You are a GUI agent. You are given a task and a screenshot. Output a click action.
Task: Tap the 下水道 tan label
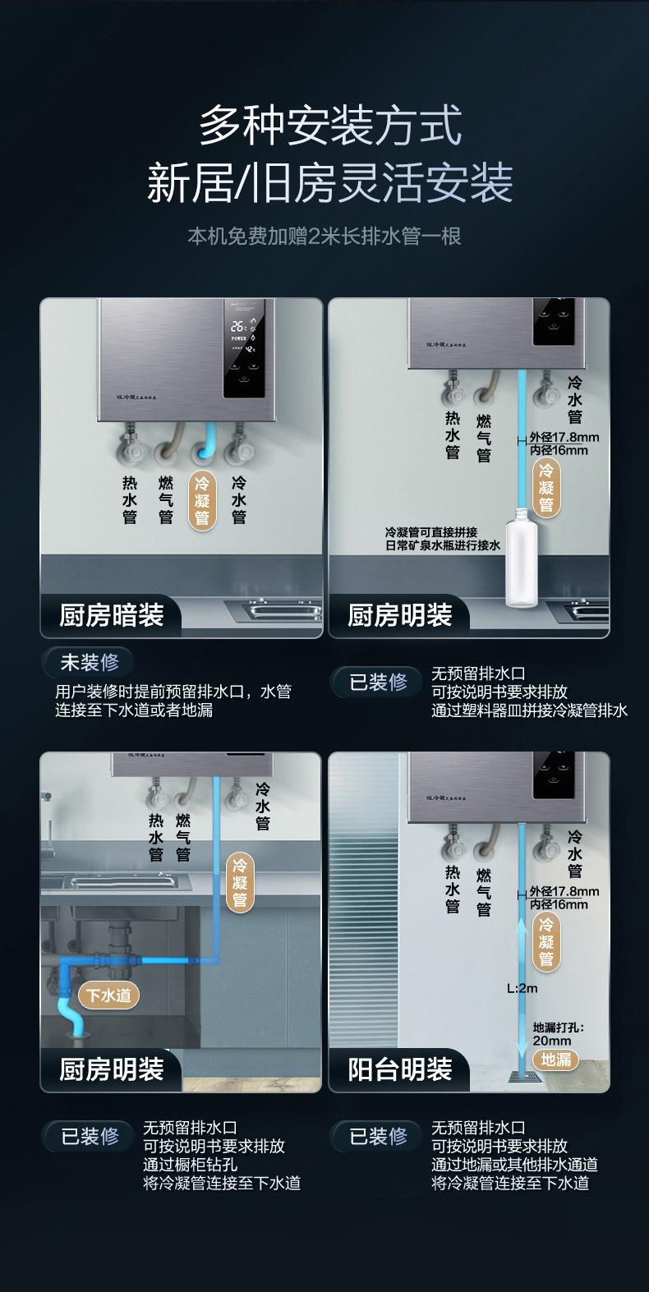click(x=109, y=995)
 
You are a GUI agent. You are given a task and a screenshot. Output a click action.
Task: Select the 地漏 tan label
click(x=556, y=1060)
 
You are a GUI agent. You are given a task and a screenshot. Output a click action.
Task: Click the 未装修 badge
click(x=89, y=662)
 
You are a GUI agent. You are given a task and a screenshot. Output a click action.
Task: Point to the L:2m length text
click(x=522, y=988)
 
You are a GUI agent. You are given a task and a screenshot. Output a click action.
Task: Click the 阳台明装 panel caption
click(x=400, y=1069)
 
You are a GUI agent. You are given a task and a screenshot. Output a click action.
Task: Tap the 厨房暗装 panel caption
click(x=112, y=615)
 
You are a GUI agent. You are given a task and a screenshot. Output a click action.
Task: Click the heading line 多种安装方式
click(x=330, y=126)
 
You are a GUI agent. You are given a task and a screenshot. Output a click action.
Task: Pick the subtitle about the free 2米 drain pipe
click(x=324, y=237)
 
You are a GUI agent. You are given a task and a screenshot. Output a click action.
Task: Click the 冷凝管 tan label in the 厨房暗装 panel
click(x=202, y=499)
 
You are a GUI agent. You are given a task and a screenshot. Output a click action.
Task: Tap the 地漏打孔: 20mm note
click(x=557, y=1034)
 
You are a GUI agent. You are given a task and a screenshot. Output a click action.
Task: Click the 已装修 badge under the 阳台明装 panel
click(x=378, y=1137)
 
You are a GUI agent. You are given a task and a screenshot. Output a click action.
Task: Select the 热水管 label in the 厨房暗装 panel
click(x=130, y=499)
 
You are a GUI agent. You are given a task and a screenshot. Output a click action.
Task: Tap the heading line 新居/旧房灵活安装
click(x=330, y=183)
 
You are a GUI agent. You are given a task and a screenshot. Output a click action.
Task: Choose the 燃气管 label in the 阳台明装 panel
click(x=484, y=892)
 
